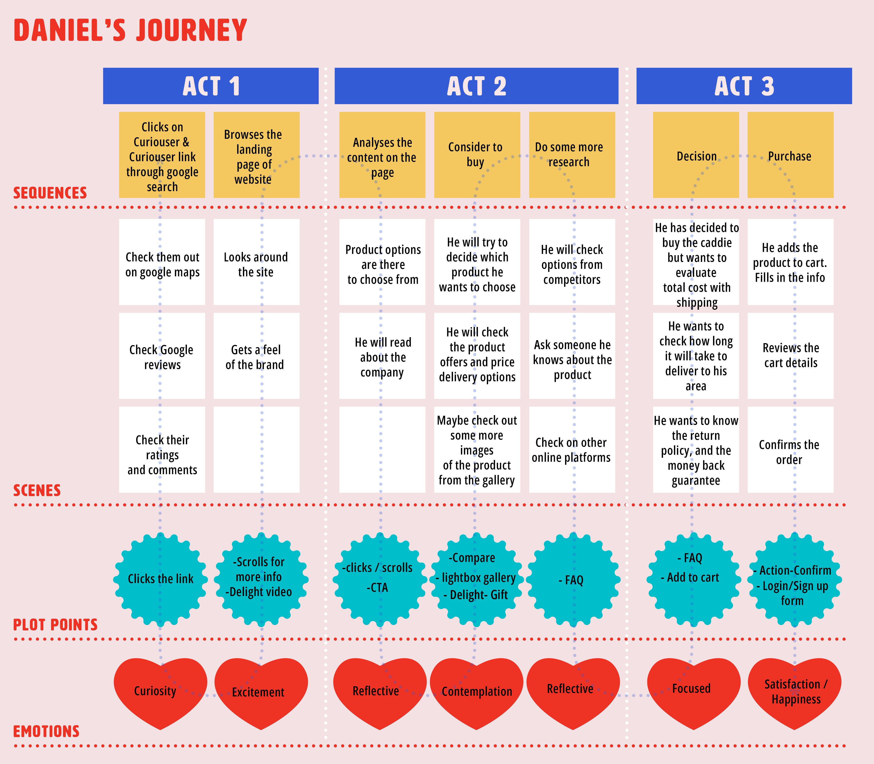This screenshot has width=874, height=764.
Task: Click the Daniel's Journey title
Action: tap(131, 30)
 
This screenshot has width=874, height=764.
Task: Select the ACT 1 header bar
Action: tap(211, 86)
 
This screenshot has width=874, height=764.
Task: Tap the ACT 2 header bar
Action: tap(476, 86)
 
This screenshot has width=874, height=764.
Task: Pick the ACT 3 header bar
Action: tap(744, 86)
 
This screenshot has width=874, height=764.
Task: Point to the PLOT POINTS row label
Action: tap(55, 625)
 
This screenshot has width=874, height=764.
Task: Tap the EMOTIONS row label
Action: tap(47, 732)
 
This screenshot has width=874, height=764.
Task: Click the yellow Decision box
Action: tap(696, 155)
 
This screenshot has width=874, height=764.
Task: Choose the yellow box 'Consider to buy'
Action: tap(477, 155)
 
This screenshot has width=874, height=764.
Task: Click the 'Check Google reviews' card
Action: tap(162, 356)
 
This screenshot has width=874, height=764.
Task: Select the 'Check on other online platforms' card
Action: tap(572, 450)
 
